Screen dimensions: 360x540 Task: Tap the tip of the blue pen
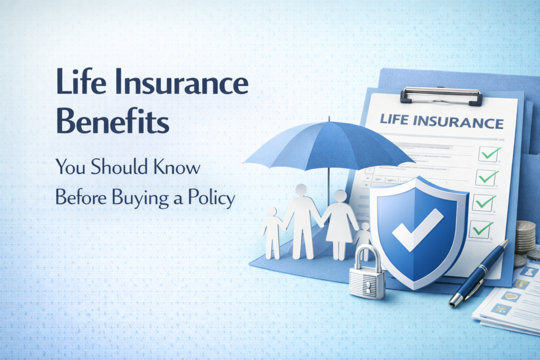(x=452, y=304)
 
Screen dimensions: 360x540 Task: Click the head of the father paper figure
(x=302, y=190)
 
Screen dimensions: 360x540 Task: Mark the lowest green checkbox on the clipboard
(x=483, y=228)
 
